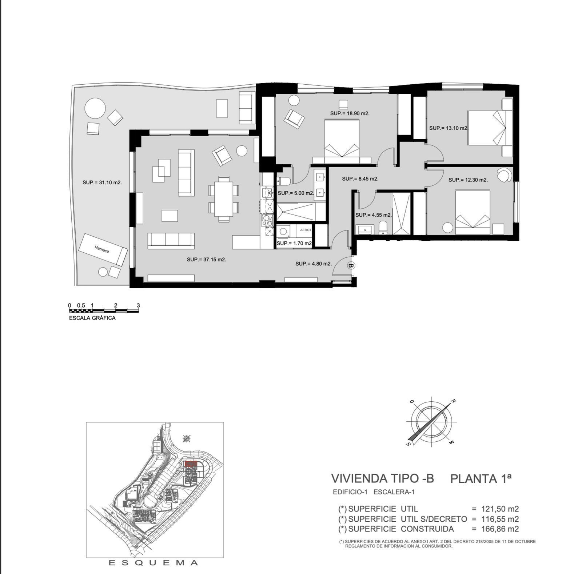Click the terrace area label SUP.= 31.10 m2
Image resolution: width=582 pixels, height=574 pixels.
coord(102,182)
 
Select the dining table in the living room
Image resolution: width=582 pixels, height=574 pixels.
coord(224,198)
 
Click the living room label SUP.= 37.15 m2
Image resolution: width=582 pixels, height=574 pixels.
coord(206,260)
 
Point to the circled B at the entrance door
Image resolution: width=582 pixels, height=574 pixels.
coord(351,265)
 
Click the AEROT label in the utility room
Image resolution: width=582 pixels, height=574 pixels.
coord(305,230)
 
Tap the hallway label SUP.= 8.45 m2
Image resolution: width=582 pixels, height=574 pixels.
coord(360,179)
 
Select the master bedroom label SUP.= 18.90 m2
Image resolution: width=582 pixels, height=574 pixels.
coord(350,113)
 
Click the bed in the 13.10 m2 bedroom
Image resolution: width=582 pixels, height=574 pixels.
coord(486,128)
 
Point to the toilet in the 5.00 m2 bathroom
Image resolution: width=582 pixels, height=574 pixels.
coord(283,181)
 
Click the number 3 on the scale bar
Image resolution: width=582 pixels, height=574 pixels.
coord(138,305)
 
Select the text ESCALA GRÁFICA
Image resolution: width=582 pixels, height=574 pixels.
coord(92,318)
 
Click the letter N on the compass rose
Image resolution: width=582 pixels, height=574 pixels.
coord(453,401)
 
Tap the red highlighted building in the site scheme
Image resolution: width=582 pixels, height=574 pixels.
coord(191,463)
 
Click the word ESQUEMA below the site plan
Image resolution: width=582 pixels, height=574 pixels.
coord(154,563)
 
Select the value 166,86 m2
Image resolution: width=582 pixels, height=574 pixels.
coord(500,529)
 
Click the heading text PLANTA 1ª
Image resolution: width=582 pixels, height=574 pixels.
coord(481,478)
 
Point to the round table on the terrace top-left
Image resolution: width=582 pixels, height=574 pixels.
coord(95,108)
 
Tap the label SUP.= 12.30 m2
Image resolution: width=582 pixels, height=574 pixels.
coord(468,180)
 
